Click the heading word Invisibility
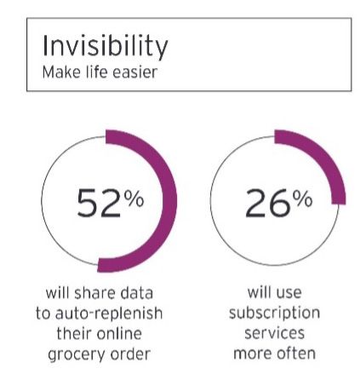click(x=105, y=47)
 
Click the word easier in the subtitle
click(x=134, y=72)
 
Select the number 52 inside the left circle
click(x=99, y=204)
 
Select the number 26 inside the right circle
click(x=268, y=204)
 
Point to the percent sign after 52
click(x=134, y=199)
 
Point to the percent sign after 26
click(x=303, y=199)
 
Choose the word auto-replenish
click(x=109, y=314)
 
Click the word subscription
click(x=275, y=314)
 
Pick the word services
click(x=275, y=334)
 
